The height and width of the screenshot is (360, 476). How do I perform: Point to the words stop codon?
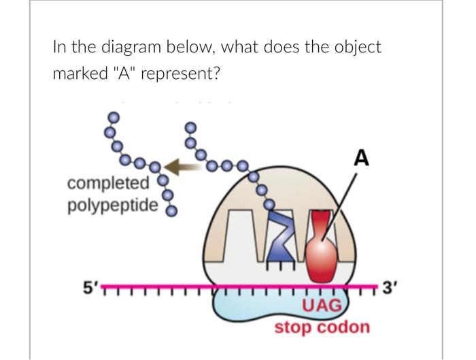322,327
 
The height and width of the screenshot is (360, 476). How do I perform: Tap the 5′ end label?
90,287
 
